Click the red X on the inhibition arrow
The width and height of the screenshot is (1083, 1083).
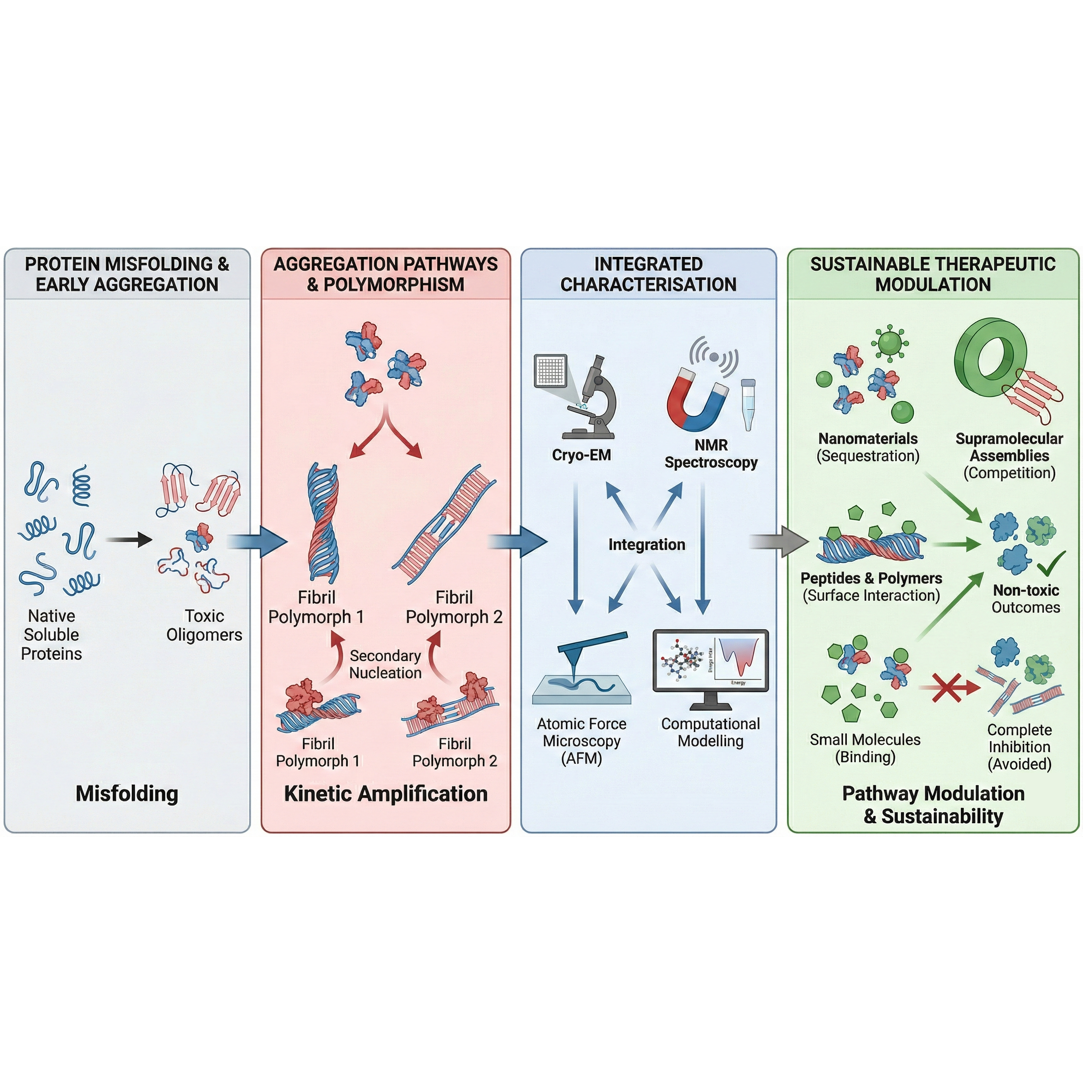pos(947,687)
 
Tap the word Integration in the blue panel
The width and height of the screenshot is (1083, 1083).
pos(647,544)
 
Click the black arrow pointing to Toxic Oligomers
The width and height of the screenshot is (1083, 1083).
pos(128,540)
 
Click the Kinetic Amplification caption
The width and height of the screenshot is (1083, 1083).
pos(386,794)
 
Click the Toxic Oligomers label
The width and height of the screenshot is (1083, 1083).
pos(204,625)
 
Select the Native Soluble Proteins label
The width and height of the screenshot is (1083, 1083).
pos(51,635)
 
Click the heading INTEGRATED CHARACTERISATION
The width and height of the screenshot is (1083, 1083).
pos(648,274)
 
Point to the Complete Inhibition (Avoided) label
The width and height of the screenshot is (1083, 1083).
pos(1019,746)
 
